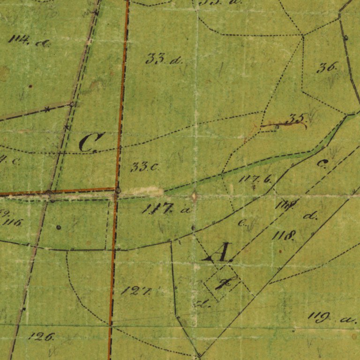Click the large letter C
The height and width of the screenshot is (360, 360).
point(91,142)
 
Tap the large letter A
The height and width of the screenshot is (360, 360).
point(218,254)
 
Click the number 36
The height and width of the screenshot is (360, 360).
point(328,67)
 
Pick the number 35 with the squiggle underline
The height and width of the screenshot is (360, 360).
point(296,119)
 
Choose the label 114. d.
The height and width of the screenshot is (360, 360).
point(29,42)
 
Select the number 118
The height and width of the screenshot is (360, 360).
point(284,235)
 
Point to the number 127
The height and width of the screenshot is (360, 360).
point(136,291)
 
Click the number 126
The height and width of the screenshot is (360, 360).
point(42,336)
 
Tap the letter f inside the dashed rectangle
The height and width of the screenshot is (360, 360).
point(224,283)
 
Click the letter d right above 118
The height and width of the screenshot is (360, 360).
point(310,216)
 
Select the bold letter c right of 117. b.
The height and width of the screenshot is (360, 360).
point(322,164)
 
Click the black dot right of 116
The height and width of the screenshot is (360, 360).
point(58,227)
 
